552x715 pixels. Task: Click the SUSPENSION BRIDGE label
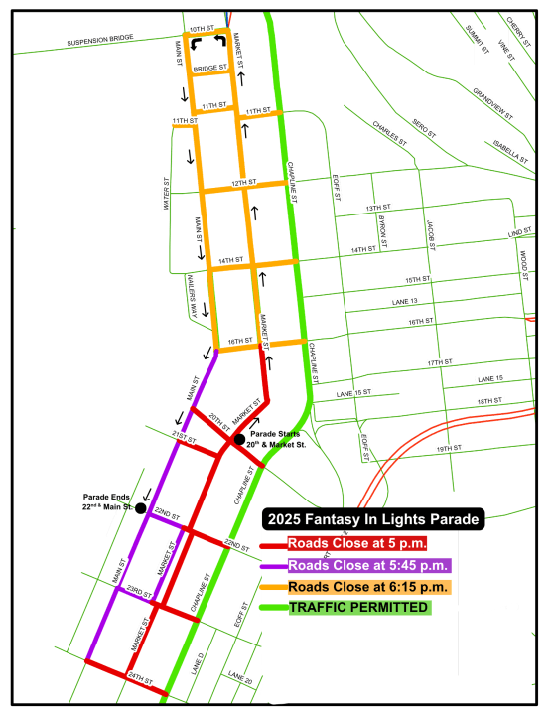(x=99, y=43)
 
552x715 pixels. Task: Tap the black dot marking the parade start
(x=239, y=439)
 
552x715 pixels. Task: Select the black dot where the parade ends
(x=140, y=508)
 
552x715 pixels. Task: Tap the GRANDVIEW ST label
(x=492, y=105)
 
